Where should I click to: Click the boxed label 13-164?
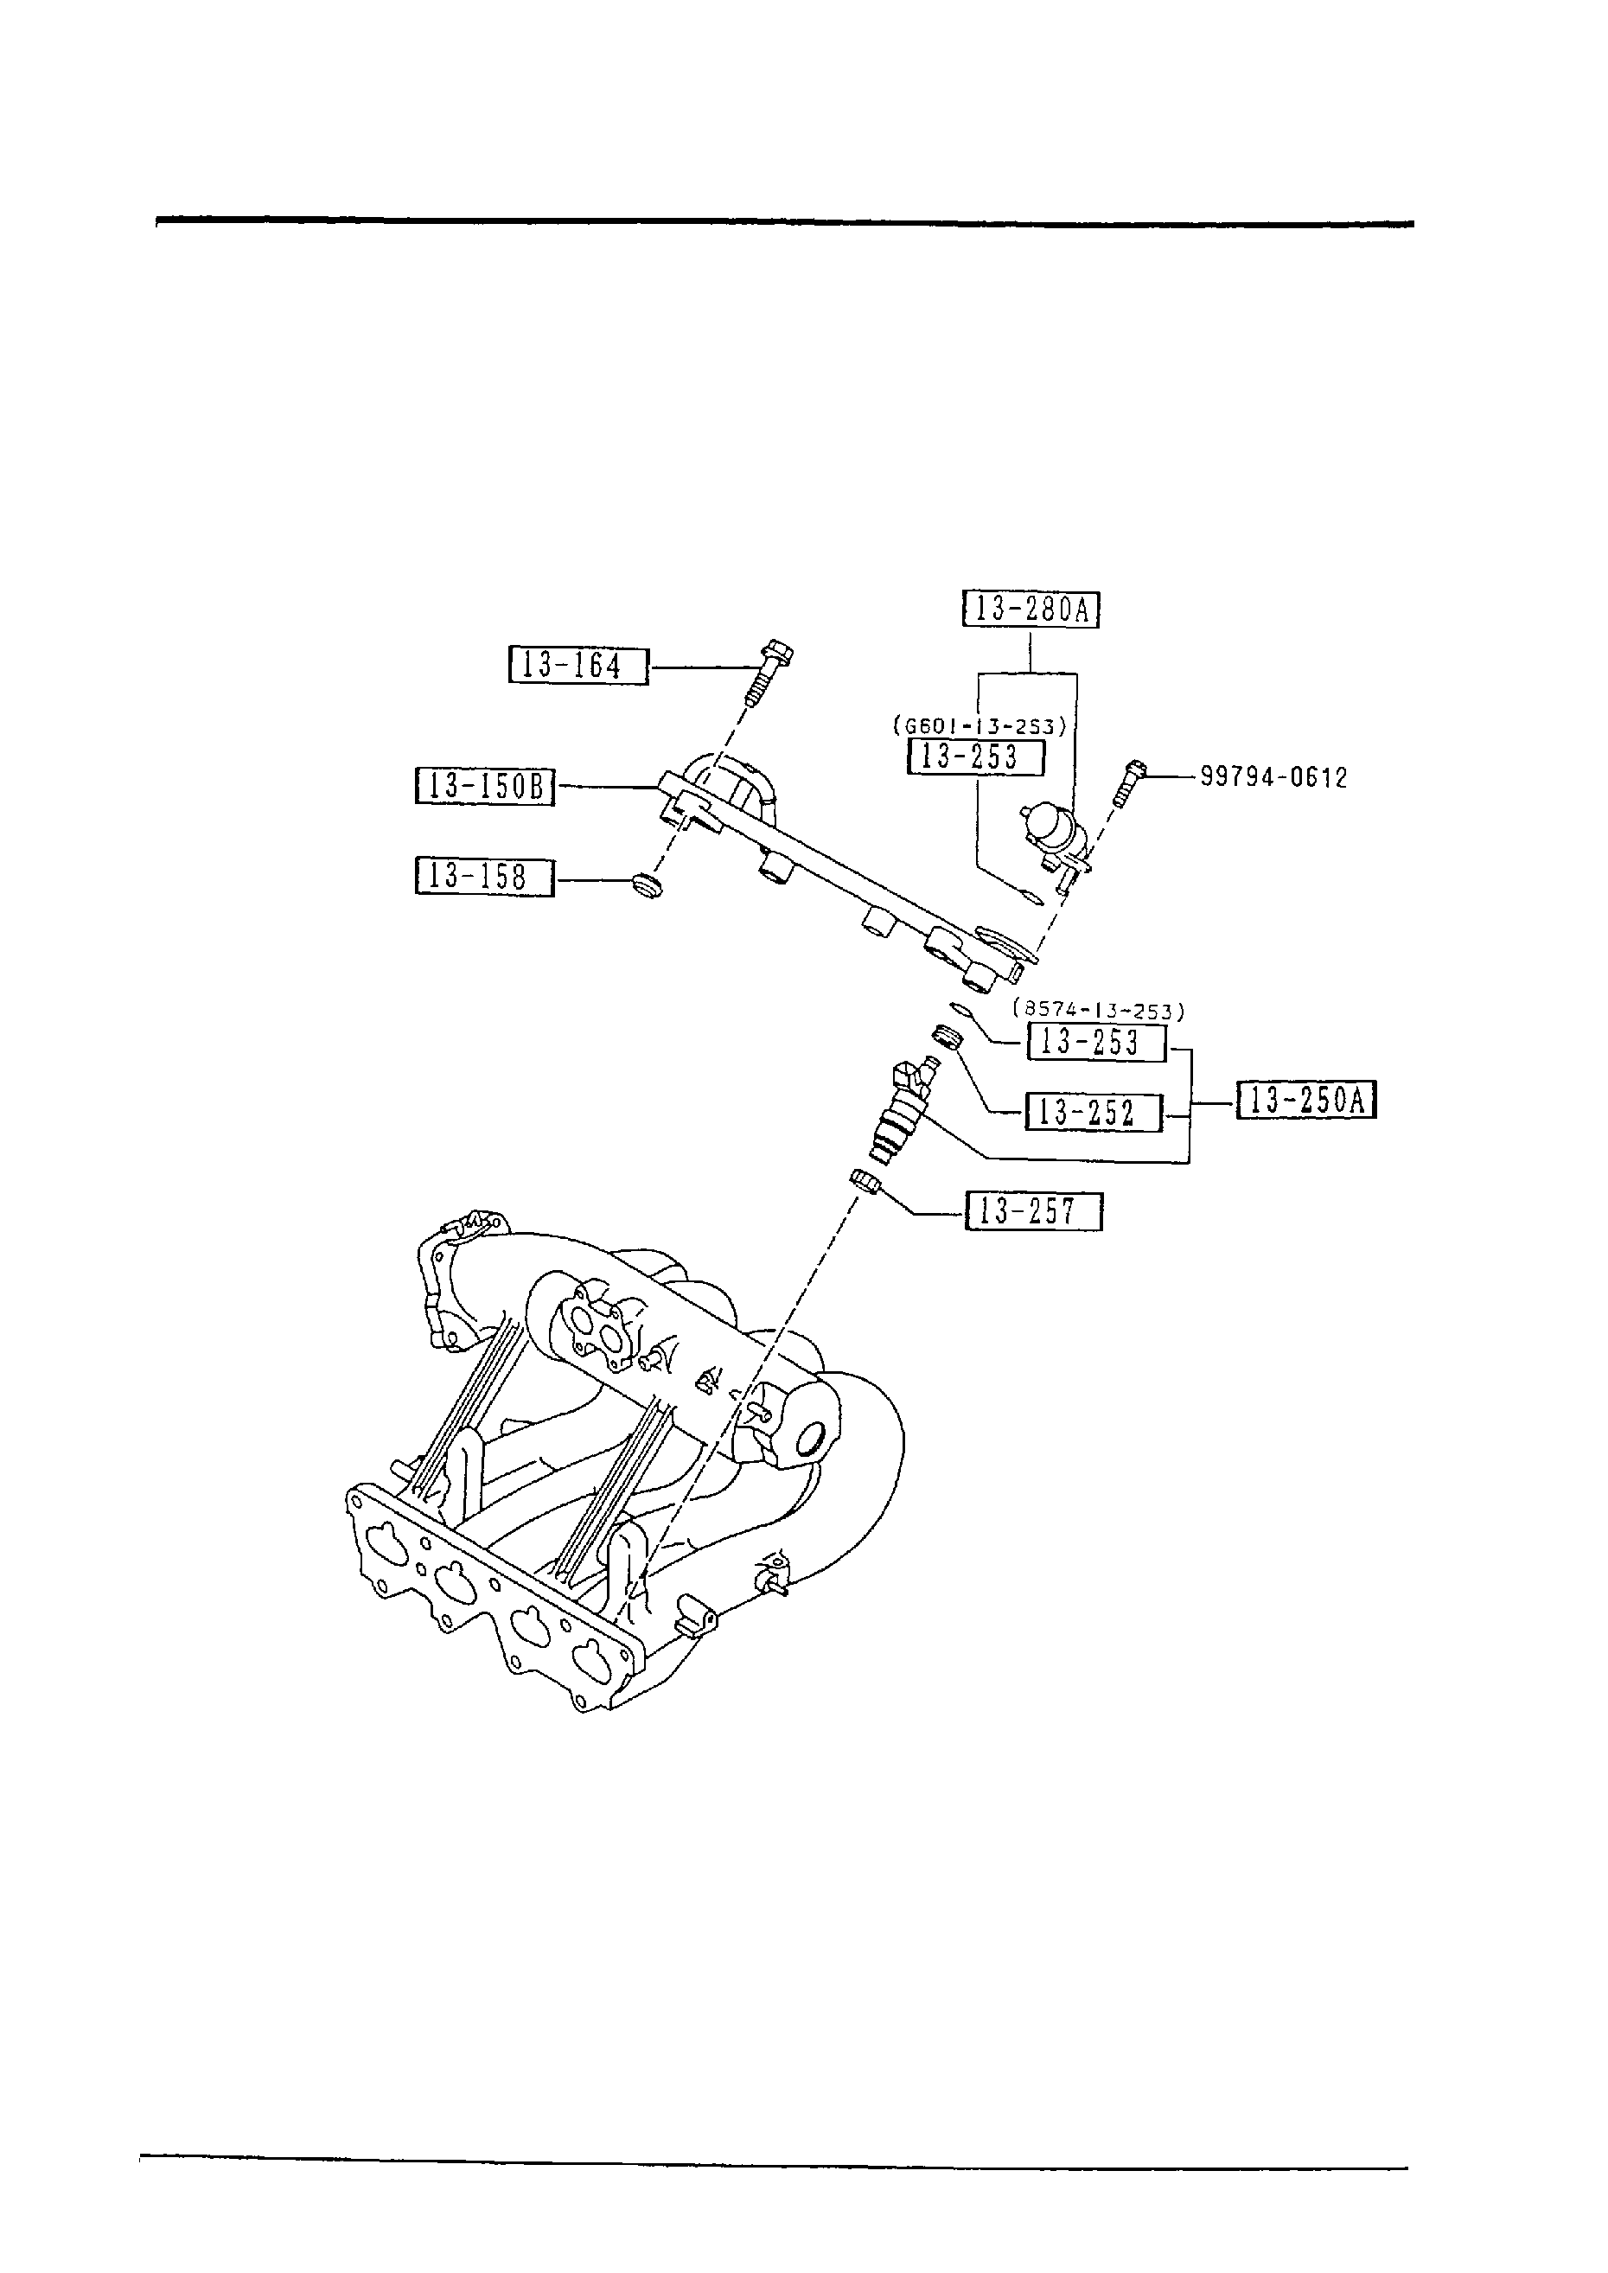tap(578, 665)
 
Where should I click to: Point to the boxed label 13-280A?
tap(1031, 608)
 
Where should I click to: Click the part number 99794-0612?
tap(1273, 777)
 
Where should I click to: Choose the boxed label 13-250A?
tap(1307, 1100)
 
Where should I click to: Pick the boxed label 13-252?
tap(1093, 1112)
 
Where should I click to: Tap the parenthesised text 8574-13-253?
tap(1098, 1011)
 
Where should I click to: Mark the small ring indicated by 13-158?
tap(647, 884)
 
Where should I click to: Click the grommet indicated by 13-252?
tap(948, 1039)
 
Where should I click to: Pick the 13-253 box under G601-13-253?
tap(976, 757)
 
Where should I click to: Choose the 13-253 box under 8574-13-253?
tap(1097, 1042)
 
